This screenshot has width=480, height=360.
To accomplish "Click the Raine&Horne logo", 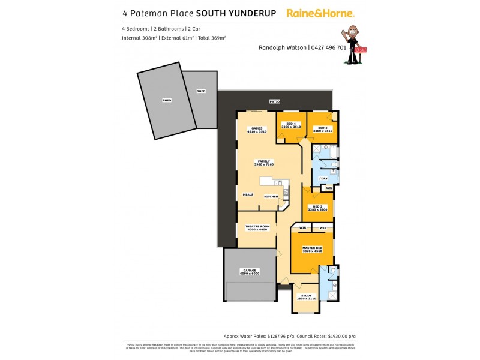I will (320, 13).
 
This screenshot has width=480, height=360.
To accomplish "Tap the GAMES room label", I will (257, 129).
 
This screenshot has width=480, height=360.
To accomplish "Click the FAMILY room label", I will (263, 162).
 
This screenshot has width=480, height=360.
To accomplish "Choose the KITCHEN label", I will (271, 196).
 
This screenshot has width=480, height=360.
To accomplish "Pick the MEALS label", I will (248, 194).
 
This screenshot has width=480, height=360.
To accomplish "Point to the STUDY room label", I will (306, 296).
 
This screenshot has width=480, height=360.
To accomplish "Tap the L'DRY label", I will (322, 178).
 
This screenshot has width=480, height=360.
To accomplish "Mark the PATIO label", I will (275, 102).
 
